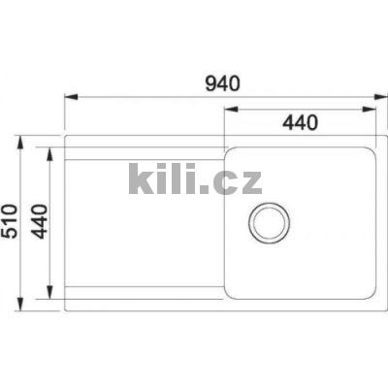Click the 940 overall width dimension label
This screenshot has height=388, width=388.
point(223,83)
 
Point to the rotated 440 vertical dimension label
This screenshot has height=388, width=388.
point(39,223)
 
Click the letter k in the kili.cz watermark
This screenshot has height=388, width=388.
point(140,180)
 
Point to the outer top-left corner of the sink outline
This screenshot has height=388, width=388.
point(66,138)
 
